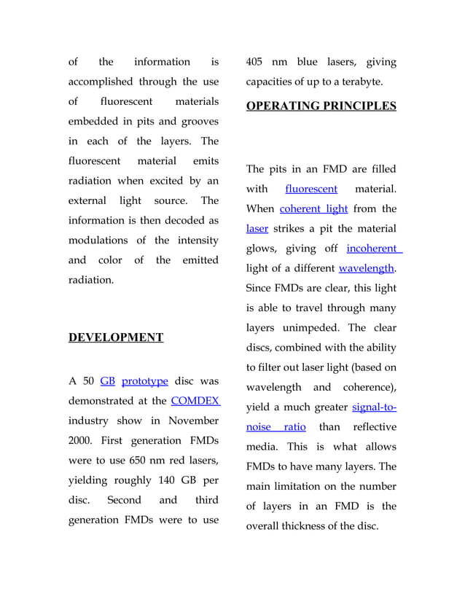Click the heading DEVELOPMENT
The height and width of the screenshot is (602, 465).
(115, 337)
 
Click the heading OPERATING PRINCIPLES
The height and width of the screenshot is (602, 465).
(321, 106)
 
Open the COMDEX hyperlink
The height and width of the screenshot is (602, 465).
(195, 401)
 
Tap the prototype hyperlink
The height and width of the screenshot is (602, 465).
(145, 381)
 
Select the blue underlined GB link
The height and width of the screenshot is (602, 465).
(107, 381)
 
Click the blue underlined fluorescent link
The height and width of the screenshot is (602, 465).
(311, 189)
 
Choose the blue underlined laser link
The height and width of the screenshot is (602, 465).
(257, 229)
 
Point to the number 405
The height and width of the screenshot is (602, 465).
(257, 62)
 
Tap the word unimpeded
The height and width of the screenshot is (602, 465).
(327, 327)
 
